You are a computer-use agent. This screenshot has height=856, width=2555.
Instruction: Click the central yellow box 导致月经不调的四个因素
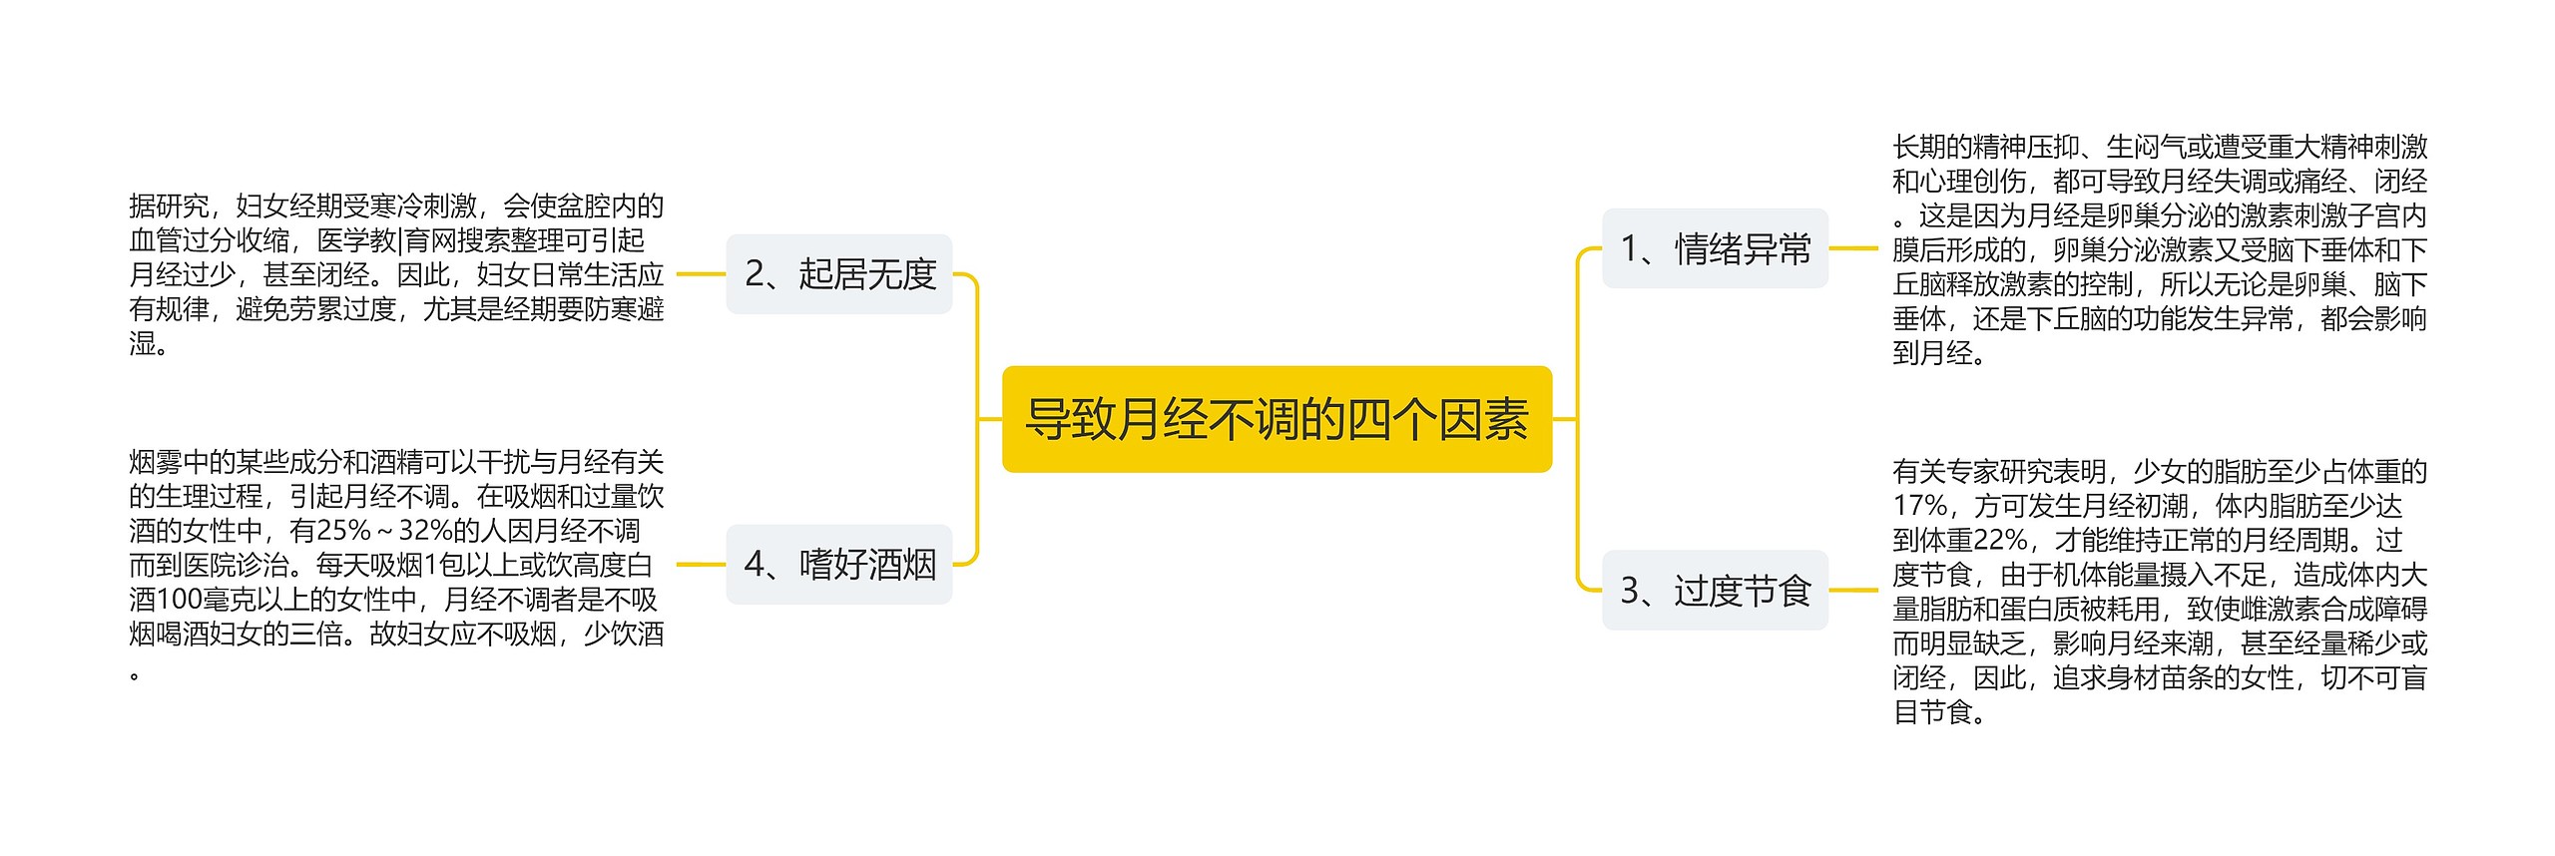1277,419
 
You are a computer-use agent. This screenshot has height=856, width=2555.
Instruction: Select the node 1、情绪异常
1715,248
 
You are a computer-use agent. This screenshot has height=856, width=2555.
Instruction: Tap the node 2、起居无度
839,274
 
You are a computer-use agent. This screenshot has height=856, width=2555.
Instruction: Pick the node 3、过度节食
1715,591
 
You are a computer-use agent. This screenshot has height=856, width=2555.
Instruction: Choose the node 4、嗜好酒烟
839,565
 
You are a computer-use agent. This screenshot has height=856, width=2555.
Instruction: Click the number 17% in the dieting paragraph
1919,506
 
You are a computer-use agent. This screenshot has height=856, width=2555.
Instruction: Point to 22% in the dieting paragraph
2000,541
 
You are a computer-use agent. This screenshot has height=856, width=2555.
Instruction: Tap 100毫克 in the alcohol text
204,600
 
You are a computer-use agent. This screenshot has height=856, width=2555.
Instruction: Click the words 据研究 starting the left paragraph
169,207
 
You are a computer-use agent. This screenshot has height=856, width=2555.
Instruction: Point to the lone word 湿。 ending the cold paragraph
149,344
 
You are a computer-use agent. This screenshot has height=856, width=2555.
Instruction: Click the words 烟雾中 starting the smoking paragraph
169,462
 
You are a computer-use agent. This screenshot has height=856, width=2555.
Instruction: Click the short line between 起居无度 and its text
701,274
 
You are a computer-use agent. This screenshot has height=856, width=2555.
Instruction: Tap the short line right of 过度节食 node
1853,591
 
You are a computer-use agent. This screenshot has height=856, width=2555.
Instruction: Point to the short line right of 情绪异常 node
1853,248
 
